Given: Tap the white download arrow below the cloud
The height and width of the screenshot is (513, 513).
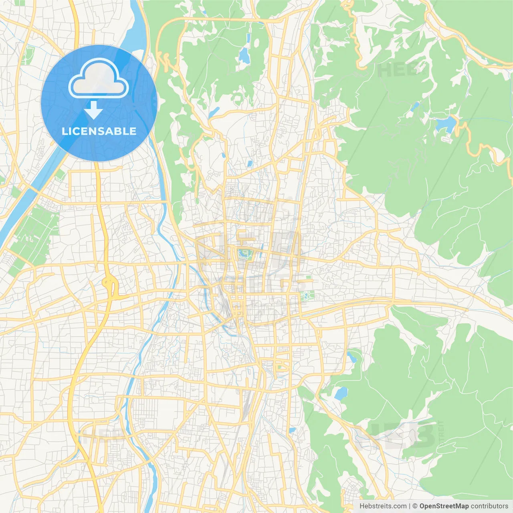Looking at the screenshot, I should [x=93, y=110].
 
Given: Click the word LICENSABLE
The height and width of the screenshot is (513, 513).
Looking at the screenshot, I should [x=99, y=131].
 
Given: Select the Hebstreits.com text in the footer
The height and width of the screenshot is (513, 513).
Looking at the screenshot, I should [x=383, y=506].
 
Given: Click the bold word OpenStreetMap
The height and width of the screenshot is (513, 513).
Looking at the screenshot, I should [x=444, y=506].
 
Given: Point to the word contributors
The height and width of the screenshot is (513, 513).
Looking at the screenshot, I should [x=489, y=506].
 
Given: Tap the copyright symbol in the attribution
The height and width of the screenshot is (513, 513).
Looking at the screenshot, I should [x=415, y=506].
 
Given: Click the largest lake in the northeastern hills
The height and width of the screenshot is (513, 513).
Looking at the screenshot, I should [x=446, y=124].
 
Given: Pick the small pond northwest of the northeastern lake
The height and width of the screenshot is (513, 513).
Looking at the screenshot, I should [x=415, y=106].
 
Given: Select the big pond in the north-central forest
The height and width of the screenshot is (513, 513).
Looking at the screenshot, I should [x=244, y=56].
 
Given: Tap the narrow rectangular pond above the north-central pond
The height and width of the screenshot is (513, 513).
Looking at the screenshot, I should [x=248, y=38].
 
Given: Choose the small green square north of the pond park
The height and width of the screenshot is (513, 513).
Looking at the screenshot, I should [x=308, y=277].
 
